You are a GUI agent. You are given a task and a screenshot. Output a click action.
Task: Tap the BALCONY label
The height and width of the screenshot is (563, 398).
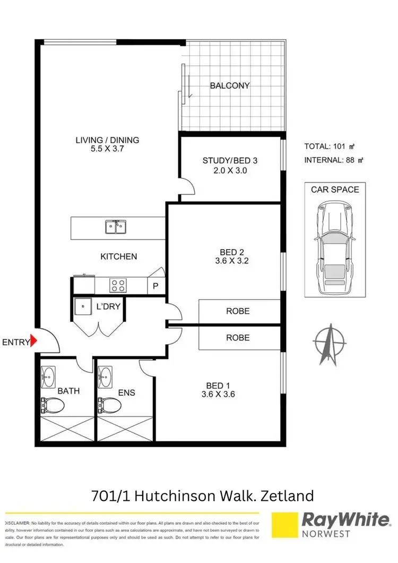point(229,86)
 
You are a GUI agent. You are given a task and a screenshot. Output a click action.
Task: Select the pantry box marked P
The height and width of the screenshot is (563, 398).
point(155,286)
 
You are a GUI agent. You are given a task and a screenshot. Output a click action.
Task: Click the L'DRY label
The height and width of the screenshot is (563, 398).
point(107,308)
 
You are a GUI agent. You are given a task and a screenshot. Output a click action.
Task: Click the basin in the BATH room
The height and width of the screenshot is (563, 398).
point(49,377)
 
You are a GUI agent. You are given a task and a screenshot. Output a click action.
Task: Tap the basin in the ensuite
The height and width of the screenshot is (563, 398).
point(106,377)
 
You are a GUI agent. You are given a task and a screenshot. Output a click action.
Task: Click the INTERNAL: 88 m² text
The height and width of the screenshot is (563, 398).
point(334,160)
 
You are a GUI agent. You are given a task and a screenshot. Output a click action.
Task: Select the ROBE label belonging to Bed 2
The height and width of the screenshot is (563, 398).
point(238,311)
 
